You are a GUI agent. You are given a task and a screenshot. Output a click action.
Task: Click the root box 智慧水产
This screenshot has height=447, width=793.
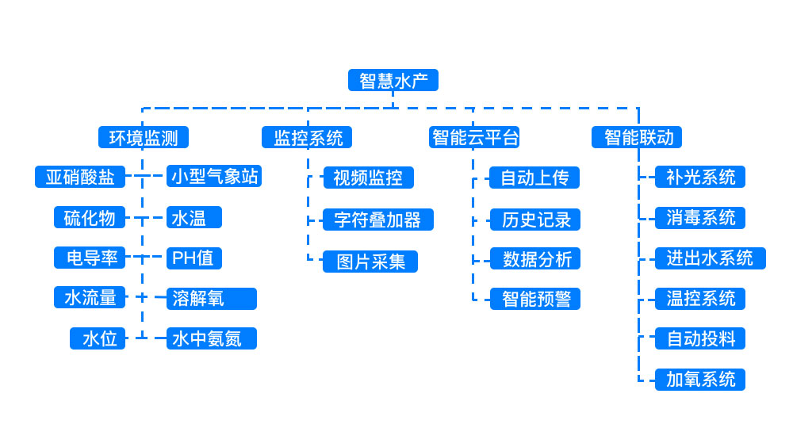pos(393,81)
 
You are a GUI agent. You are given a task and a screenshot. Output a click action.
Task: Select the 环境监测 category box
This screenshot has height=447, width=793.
pos(144,137)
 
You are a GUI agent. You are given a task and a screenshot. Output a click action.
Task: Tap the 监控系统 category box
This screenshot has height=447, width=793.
pos(308,137)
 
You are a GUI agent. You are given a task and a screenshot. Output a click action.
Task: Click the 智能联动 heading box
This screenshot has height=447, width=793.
pos(637,137)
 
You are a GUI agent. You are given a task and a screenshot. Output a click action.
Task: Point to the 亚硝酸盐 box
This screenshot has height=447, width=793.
pos(80,177)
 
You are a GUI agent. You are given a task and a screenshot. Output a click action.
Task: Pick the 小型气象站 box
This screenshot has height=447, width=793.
pos(214,176)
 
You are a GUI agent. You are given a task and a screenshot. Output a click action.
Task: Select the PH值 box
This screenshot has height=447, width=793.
pos(194,258)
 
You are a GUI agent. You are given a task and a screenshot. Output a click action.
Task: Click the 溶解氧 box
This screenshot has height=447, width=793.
pos(212,298)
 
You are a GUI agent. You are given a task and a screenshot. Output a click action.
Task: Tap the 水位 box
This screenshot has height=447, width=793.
pos(98,338)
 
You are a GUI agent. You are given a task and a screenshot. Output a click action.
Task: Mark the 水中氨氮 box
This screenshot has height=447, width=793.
pos(212,338)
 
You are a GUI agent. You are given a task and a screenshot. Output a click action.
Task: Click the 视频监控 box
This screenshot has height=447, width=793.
pos(369,178)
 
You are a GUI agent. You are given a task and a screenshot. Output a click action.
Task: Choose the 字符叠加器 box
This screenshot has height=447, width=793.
pos(378,220)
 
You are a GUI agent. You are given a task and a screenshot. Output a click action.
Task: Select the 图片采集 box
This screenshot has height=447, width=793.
pos(370,262)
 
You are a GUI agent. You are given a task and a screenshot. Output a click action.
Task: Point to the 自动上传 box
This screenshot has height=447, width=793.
pos(534,178)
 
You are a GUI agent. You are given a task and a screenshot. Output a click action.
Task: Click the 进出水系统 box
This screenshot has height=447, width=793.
pos(711,258)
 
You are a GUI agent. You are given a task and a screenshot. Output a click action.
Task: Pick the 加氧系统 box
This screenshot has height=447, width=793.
pos(700,379)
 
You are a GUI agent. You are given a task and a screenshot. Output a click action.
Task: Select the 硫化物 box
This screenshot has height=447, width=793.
pos(90,217)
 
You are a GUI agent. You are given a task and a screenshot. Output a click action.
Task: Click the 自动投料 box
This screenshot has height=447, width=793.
pos(700,338)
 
